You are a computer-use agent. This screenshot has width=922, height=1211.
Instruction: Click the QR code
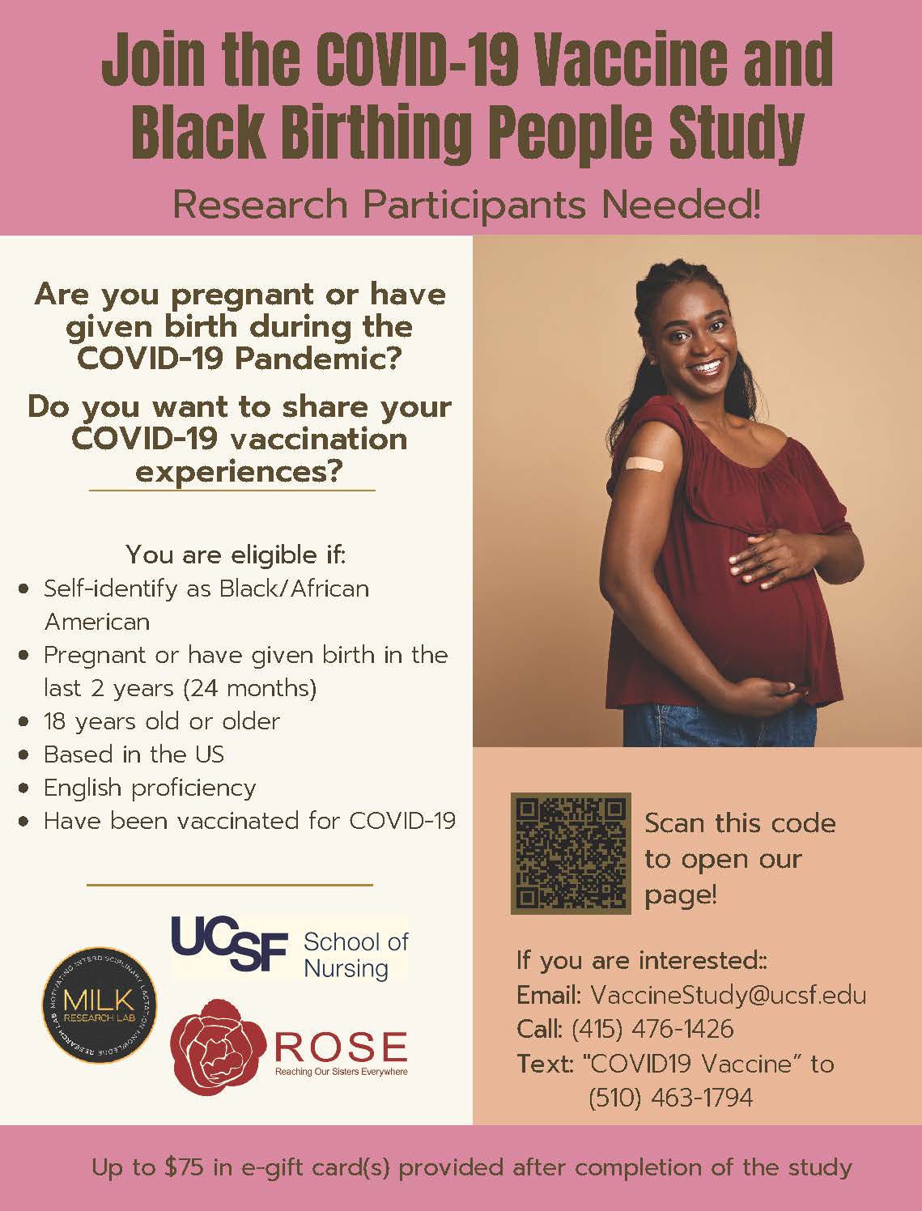coord(570,853)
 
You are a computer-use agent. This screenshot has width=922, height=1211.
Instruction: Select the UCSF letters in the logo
coord(229,943)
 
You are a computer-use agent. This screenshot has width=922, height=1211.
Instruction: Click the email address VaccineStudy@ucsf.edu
coord(728,995)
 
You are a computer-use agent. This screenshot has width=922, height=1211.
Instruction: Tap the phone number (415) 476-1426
coord(652,1029)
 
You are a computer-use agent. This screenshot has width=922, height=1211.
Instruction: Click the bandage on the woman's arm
coord(644,464)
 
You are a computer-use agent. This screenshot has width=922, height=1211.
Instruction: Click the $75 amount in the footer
coord(184,1167)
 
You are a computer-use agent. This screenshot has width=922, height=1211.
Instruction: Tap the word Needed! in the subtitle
coord(681,205)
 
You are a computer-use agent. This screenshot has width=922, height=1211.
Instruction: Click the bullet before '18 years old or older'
coord(23,721)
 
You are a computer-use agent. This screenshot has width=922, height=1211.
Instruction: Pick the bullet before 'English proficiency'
coord(23,788)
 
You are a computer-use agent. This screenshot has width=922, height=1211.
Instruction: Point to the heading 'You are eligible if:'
coord(236,555)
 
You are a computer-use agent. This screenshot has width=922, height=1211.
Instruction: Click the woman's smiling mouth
coord(707,367)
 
